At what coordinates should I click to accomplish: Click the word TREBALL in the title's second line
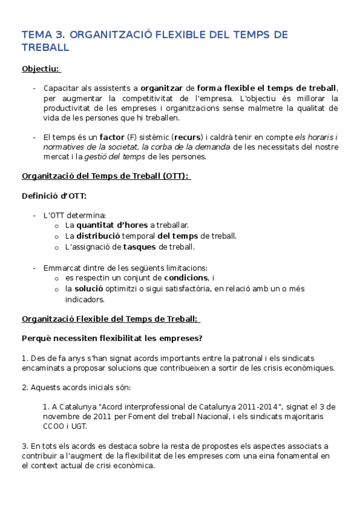45,48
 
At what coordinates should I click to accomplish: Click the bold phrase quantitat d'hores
112,226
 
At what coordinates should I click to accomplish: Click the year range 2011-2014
243,407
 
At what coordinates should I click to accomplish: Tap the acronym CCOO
53,426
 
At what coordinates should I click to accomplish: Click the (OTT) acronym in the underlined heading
169,176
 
